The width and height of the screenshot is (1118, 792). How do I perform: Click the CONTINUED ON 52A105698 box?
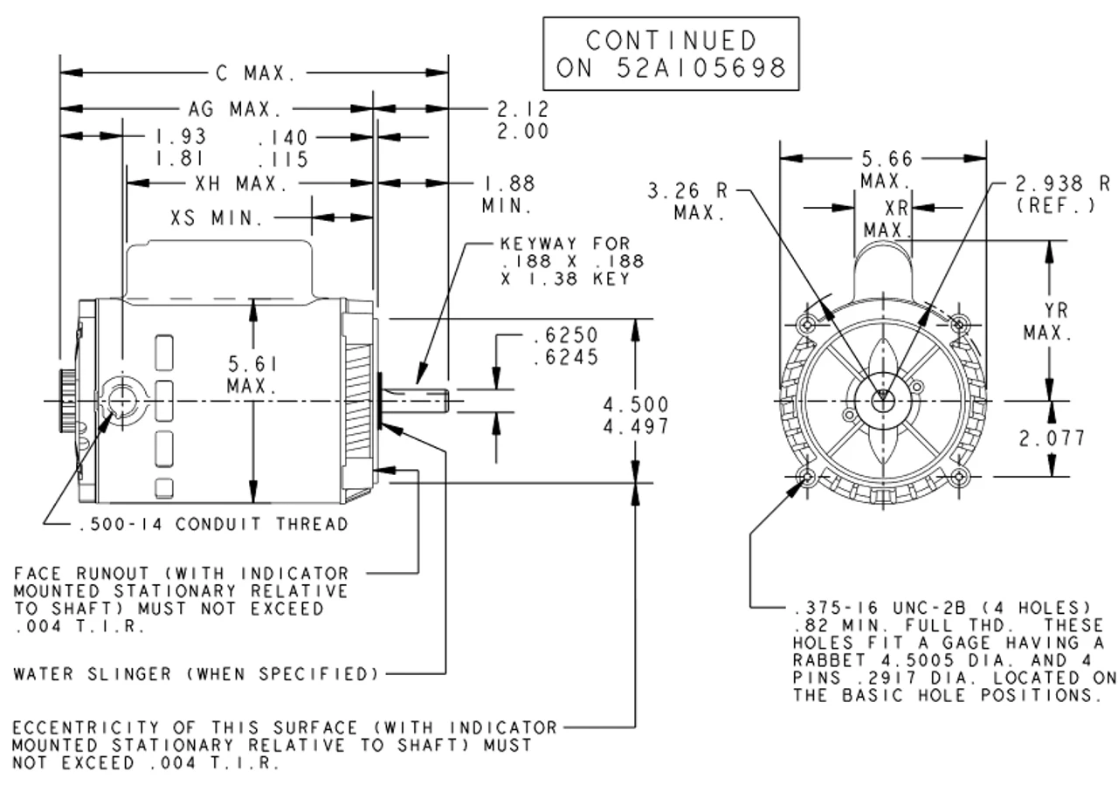click(670, 53)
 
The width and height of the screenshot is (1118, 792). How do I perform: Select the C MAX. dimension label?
click(256, 74)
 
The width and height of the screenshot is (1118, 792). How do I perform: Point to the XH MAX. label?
click(237, 184)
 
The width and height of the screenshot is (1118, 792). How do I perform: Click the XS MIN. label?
click(217, 218)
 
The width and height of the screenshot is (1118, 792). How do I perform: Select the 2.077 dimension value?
click(1053, 438)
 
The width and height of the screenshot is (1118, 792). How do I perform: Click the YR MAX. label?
click(1050, 322)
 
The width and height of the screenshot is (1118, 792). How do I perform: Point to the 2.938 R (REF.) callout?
click(1062, 194)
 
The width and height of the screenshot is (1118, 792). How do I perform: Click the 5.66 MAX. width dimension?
click(885, 170)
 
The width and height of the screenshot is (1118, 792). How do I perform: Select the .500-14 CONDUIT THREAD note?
click(213, 524)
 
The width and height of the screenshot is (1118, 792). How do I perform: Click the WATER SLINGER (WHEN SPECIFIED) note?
click(197, 674)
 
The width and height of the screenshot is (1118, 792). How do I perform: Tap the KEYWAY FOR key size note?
click(572, 261)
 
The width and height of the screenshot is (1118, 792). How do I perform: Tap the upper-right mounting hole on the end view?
click(960, 325)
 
